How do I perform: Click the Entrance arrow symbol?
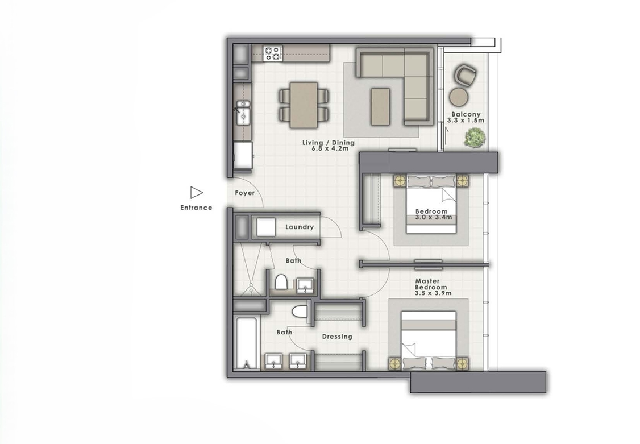(196, 193)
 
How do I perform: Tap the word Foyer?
(244, 193)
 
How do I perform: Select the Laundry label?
(300, 227)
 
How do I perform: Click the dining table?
(304, 105)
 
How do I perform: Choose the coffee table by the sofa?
(380, 106)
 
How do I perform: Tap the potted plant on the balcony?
(474, 138)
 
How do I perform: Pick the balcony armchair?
(466, 74)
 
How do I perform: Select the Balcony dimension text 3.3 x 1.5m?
(465, 121)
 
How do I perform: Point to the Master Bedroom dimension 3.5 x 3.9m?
(433, 293)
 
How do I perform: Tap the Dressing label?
(337, 337)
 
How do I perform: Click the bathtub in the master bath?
(246, 343)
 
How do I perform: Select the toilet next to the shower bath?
(281, 282)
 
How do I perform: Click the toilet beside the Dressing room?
(300, 312)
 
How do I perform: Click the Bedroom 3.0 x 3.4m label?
(431, 214)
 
